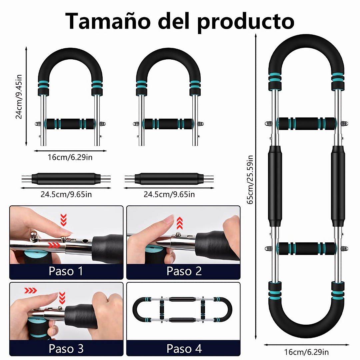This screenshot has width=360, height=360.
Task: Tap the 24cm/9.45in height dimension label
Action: [19, 96]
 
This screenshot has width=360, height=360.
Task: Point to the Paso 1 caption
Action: [66, 271]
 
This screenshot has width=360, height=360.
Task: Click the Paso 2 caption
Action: [184, 271]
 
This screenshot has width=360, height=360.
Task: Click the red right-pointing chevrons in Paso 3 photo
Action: [31, 291]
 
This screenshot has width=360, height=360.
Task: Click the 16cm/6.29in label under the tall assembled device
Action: [306, 352]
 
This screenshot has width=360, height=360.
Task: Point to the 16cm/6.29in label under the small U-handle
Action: [70, 157]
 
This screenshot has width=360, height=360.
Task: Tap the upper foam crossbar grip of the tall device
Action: [306, 123]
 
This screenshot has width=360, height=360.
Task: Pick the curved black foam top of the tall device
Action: [306, 50]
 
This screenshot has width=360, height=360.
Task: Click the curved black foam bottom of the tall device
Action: [306, 325]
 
